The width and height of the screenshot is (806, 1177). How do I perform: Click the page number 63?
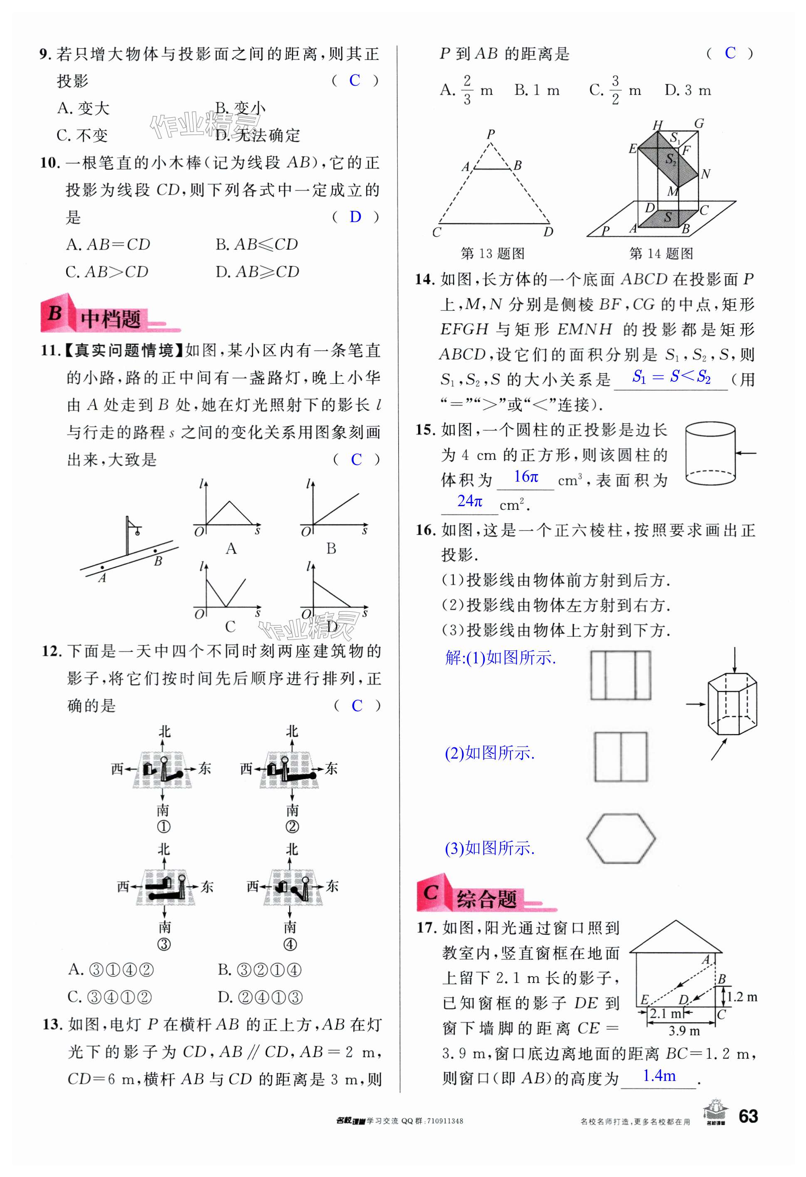pos(748,1116)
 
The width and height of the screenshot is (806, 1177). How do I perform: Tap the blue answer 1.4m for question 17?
pos(659,1075)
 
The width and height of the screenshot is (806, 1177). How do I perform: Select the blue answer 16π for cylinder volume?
pos(526,477)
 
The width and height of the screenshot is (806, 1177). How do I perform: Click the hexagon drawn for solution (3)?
pos(621,838)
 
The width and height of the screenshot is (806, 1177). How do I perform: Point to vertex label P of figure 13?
pos(490,134)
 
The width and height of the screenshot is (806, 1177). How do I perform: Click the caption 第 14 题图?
pos(661,253)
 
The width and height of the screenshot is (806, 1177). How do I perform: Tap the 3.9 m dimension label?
pos(684,1030)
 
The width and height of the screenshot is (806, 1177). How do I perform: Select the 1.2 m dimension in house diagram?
pos(742,996)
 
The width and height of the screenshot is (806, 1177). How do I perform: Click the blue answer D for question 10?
pos(355,217)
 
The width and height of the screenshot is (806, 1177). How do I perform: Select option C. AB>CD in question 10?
pos(107,272)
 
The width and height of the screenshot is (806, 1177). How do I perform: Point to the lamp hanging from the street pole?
pos(137,530)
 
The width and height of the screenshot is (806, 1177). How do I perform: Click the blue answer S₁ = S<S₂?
pos(671,377)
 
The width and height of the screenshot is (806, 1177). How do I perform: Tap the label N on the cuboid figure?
pos(705,174)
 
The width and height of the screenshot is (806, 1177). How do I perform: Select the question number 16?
pos(426,530)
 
